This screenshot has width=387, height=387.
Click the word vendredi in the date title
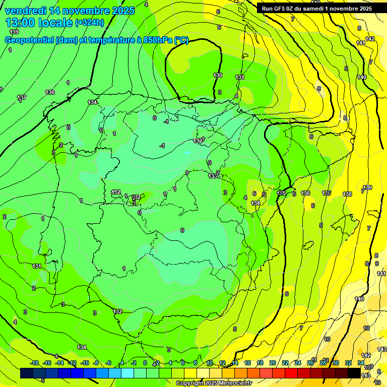click(x=25, y=10)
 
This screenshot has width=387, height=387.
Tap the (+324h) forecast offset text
click(x=90, y=22)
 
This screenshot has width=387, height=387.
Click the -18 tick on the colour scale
click(x=34, y=363)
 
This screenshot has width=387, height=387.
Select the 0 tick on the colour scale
click(x=145, y=363)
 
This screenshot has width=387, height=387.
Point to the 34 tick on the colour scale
click(x=361, y=363)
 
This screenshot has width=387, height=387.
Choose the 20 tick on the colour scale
click(x=273, y=363)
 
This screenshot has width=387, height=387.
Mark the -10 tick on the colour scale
click(x=85, y=363)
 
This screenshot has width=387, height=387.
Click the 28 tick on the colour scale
click(x=322, y=363)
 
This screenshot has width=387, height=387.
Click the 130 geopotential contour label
click(x=218, y=76)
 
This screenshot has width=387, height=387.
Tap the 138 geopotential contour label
click(x=347, y=194)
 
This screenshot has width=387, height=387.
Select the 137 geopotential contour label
click(x=22, y=97)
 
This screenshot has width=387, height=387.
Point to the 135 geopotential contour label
click(x=281, y=193)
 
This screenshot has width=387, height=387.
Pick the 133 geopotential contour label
click(x=213, y=176)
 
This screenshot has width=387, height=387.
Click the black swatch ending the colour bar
click(x=354, y=373)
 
